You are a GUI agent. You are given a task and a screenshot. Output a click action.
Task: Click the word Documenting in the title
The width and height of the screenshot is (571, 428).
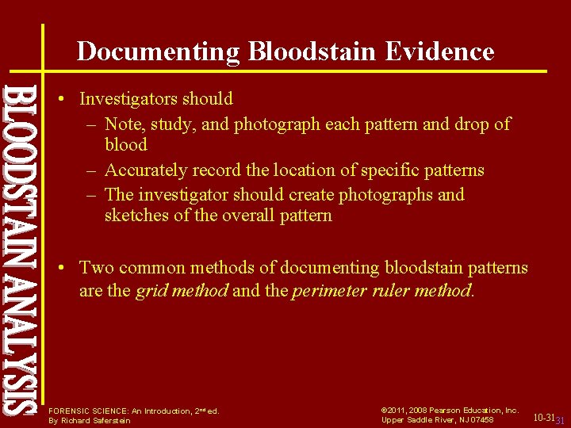tap(159, 52)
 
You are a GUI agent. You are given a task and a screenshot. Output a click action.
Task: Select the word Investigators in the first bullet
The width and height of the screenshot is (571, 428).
tap(128, 99)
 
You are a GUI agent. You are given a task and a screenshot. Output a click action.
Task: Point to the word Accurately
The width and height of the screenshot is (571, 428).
tap(146, 170)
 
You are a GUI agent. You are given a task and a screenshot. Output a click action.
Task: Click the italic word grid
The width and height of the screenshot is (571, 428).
tap(151, 291)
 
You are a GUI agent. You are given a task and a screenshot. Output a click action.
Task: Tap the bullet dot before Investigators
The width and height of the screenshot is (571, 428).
tap(63, 100)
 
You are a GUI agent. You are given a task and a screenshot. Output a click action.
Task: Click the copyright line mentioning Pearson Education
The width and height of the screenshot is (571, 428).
tap(450, 410)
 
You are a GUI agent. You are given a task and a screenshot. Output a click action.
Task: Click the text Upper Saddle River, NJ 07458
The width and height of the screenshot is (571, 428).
tap(437, 419)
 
